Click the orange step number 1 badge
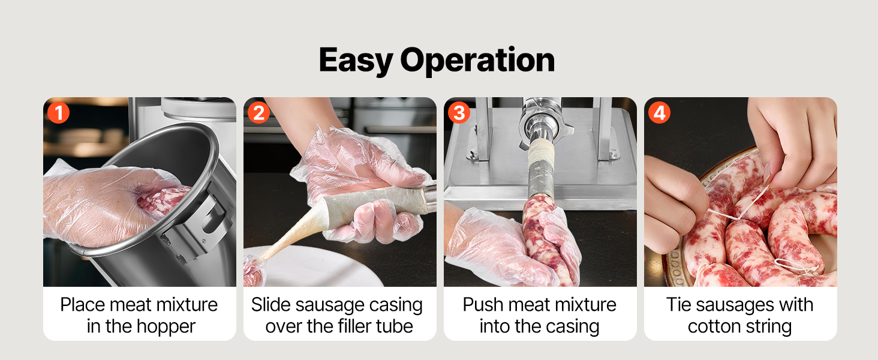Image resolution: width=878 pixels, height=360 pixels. [58, 113]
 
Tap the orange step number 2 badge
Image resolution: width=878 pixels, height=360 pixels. [258, 113]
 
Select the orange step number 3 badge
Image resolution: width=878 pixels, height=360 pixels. [459, 113]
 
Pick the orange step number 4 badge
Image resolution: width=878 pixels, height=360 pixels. [659, 113]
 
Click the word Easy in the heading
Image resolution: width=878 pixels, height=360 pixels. [356, 61]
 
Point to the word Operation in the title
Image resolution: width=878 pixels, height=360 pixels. [477, 61]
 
